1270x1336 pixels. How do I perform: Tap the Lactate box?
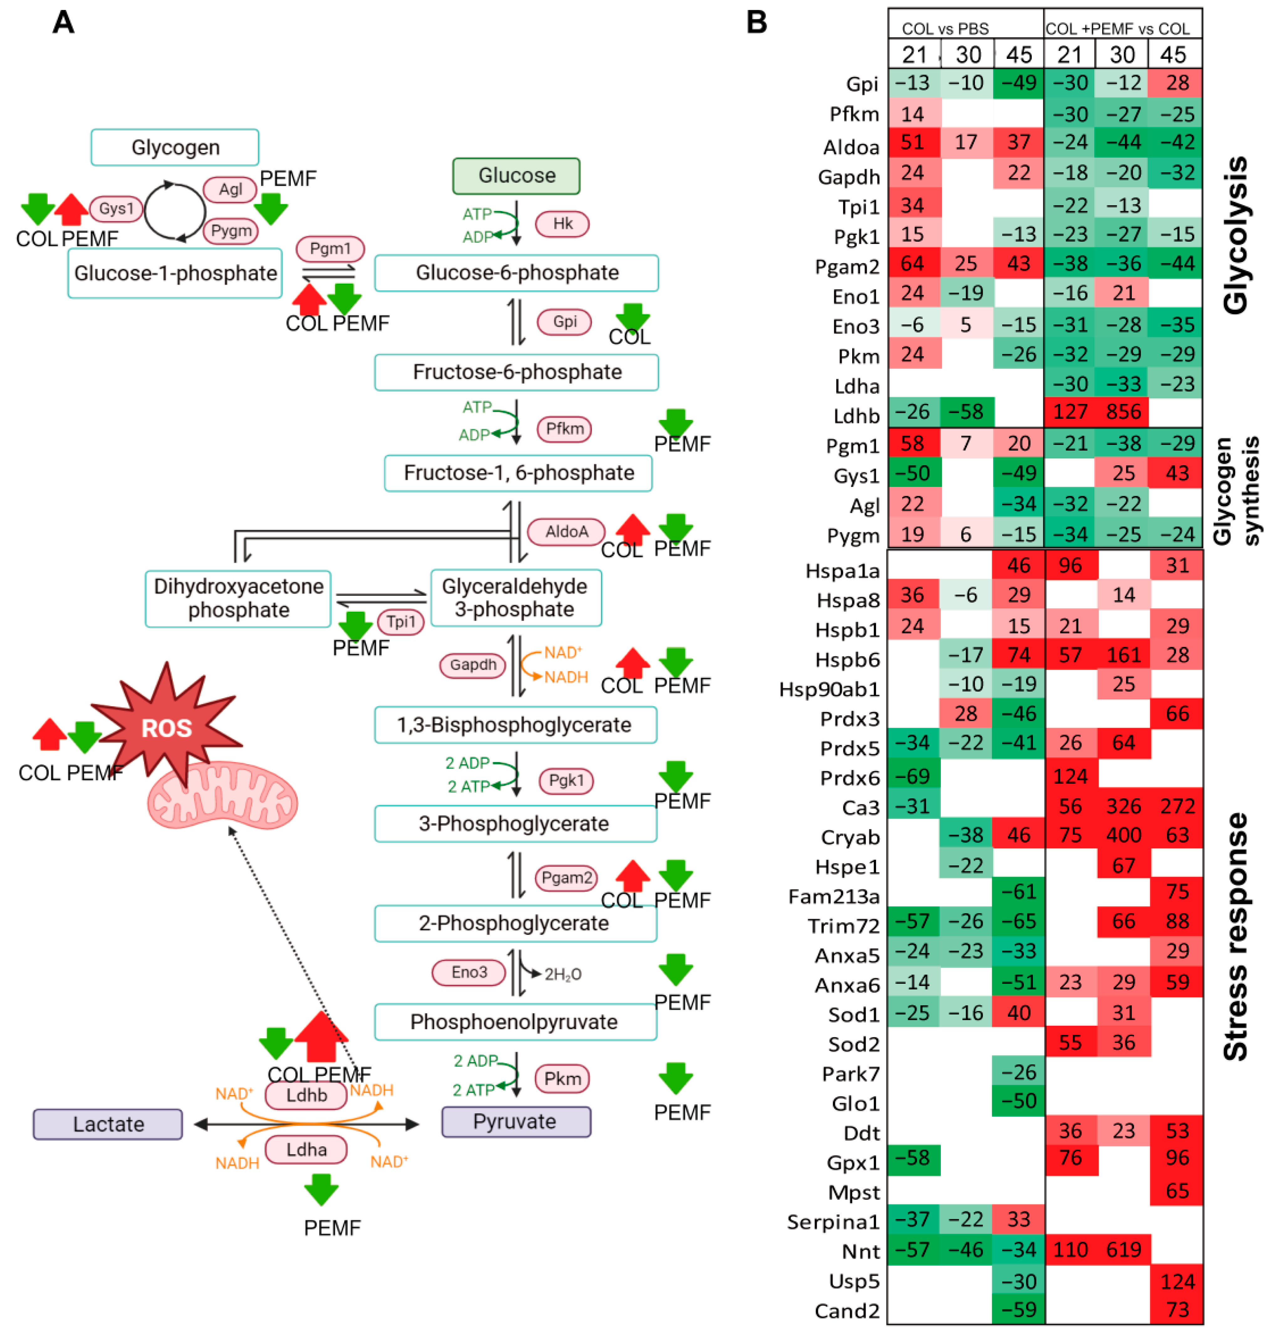(x=108, y=1124)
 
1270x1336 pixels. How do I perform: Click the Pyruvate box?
(x=516, y=1122)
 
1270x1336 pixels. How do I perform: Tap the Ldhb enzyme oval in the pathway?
(x=306, y=1095)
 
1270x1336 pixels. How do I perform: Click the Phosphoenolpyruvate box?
(x=515, y=1021)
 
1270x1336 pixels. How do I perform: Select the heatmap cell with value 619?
(x=1123, y=1249)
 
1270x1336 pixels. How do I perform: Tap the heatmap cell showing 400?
(x=1123, y=835)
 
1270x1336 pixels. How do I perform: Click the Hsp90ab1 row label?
(x=829, y=689)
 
